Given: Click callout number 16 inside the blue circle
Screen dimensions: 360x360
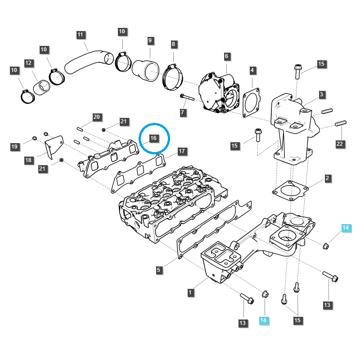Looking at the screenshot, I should pos(153,138).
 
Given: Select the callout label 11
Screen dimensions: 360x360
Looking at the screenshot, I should pos(81,35).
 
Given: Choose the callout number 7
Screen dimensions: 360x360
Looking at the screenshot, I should pos(183,112).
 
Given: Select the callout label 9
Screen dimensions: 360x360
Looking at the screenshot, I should pos(150,40).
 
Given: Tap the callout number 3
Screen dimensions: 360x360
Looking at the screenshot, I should pos(322,94).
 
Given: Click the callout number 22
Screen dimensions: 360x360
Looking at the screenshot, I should pos(340,144).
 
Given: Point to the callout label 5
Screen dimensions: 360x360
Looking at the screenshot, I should pos(159,270).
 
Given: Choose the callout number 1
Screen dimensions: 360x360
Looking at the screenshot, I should pos(191,292).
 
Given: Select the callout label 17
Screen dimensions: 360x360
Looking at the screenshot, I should pos(181,151).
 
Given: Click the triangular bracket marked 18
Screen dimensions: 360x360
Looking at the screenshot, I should pos(53,148).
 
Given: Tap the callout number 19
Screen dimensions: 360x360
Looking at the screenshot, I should pos(15,146).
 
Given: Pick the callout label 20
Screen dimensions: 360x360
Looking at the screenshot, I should pos(96,117).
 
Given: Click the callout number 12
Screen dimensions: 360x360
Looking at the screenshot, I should pos(28,63).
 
